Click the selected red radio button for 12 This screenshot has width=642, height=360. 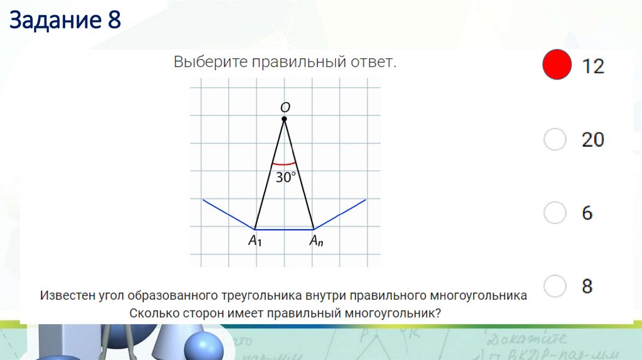(556, 65)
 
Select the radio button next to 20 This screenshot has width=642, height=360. (555, 139)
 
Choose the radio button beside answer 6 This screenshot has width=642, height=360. (555, 213)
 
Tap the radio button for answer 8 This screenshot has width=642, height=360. (555, 287)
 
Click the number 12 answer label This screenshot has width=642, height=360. (592, 66)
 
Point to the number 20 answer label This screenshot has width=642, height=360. (592, 139)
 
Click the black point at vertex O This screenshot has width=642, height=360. (284, 119)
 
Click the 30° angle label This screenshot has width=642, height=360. (285, 177)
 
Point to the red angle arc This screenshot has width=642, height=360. (284, 164)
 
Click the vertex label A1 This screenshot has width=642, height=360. (255, 241)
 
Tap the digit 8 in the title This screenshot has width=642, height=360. (113, 21)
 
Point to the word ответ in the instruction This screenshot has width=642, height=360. (374, 63)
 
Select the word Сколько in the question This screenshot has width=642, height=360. (154, 313)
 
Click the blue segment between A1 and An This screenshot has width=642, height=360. (284, 230)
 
